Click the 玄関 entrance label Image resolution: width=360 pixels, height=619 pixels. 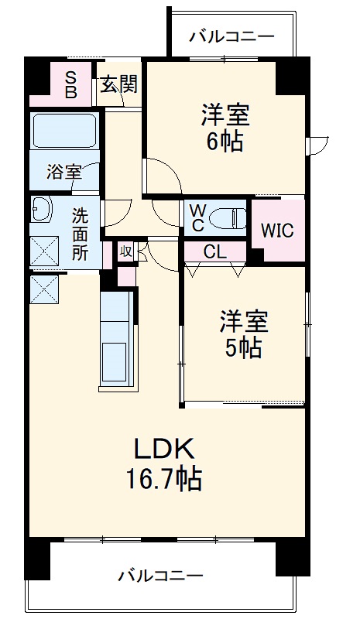[x=118, y=83]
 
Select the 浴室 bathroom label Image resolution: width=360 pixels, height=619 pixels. [x=63, y=172]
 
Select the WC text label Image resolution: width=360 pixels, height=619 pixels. [x=197, y=217]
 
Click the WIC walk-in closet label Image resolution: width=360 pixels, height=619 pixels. [x=276, y=231]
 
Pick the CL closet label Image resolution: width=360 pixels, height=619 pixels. [x=215, y=252]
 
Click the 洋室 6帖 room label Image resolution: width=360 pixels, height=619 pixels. [x=225, y=128]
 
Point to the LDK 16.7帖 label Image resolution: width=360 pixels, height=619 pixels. [x=164, y=463]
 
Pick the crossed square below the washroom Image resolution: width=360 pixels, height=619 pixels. [x=42, y=289]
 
